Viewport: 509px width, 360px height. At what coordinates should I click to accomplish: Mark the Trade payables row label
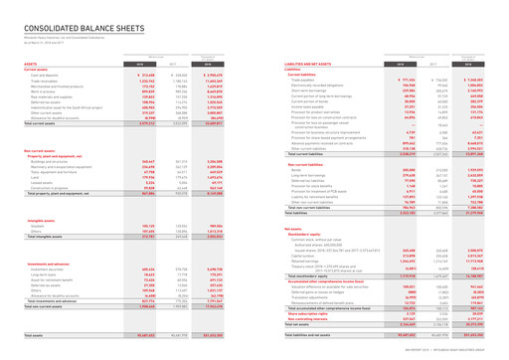click(x=289, y=75)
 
